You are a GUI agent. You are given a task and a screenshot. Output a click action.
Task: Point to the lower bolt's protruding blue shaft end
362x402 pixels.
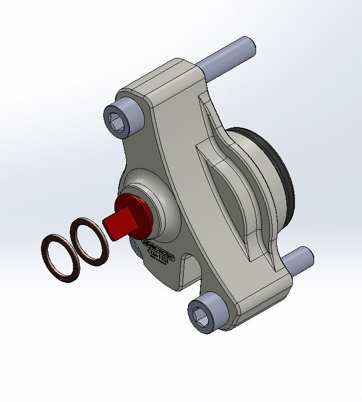298,261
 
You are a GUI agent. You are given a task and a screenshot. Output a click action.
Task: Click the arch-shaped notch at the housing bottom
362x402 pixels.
184,271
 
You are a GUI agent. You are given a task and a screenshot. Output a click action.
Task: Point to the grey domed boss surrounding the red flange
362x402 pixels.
165,202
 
